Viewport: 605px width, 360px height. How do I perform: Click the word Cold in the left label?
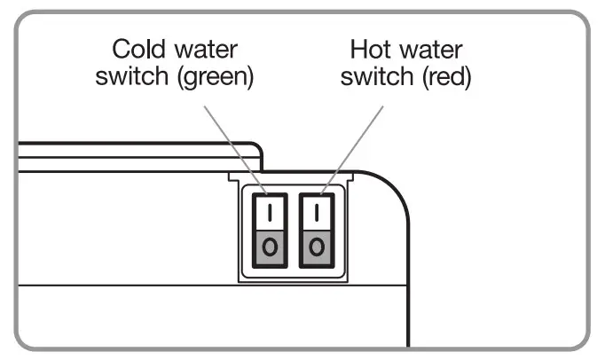tap(135, 50)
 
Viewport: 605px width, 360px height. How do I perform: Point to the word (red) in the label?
tap(445, 77)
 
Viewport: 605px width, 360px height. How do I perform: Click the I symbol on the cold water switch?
tap(271, 214)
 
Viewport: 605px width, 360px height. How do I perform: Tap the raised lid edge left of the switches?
tap(133, 148)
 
